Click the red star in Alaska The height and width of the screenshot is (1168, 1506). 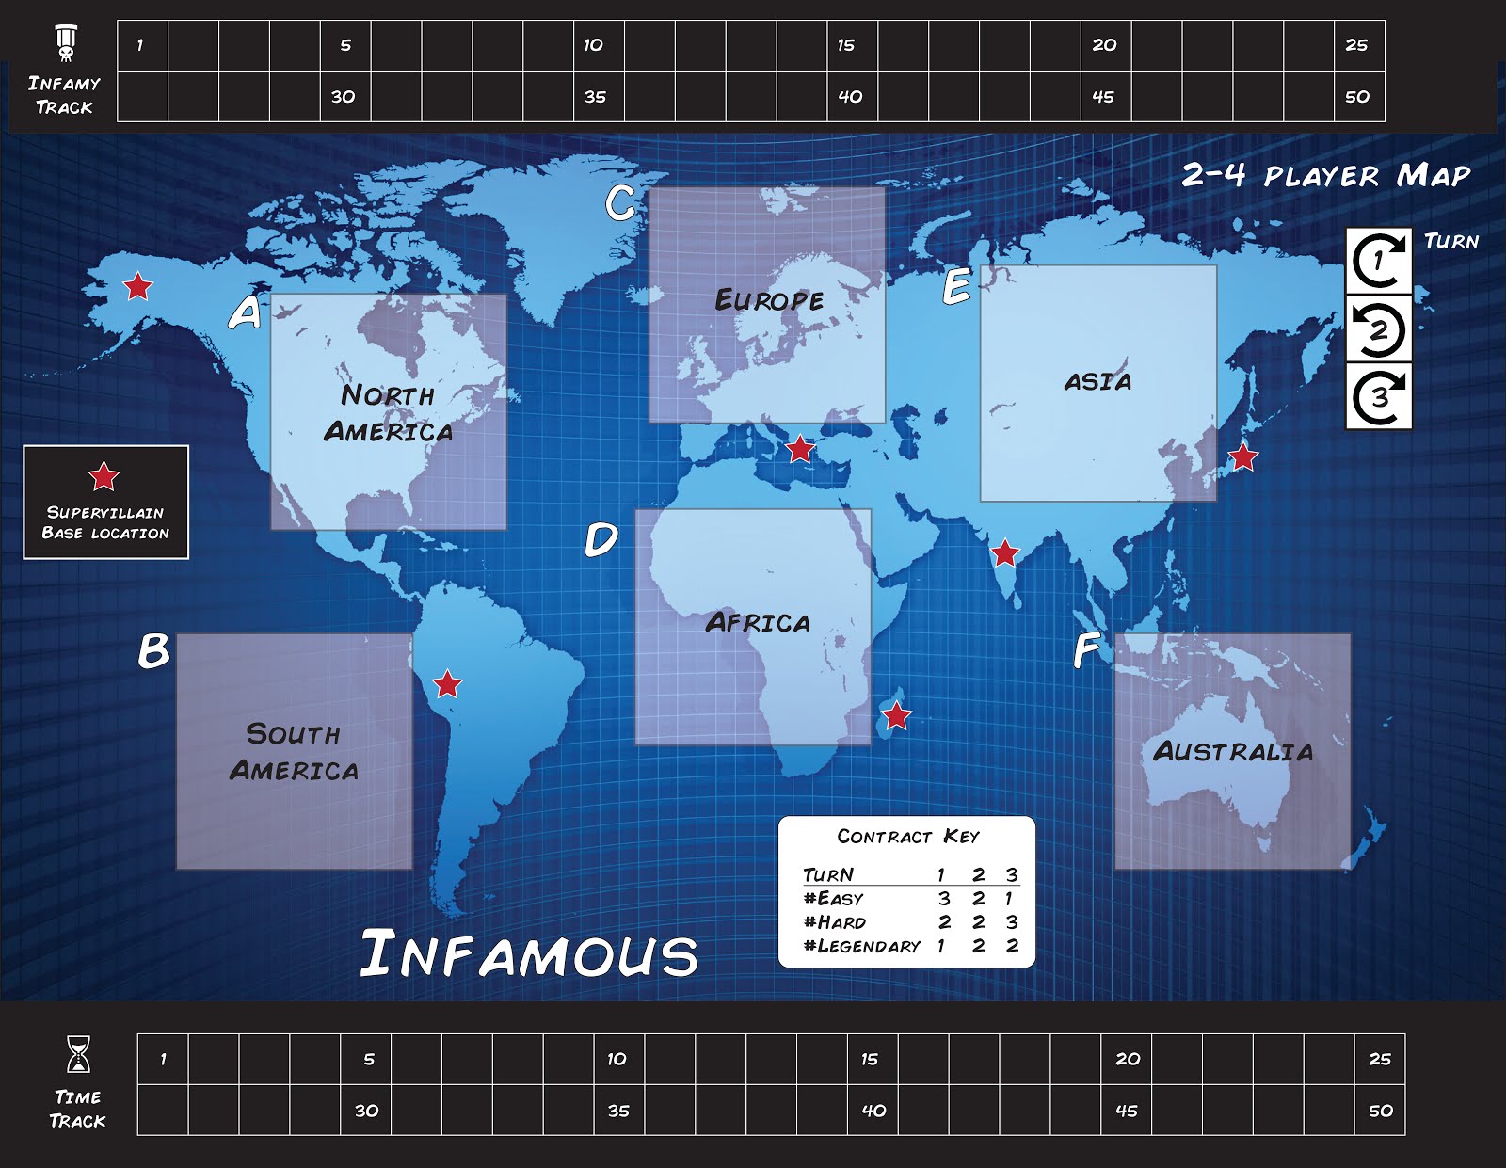point(138,285)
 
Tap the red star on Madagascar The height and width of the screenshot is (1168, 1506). point(897,716)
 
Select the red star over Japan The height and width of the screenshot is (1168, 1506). point(1243,457)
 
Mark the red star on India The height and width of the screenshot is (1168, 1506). point(1005,553)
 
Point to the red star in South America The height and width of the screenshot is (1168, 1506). point(447,684)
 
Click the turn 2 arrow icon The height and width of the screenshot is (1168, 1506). point(1379,330)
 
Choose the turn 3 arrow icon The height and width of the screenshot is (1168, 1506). point(1379,397)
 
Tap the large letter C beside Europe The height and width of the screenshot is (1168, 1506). point(620,202)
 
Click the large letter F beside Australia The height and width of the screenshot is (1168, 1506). point(1086,649)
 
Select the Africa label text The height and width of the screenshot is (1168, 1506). point(758,623)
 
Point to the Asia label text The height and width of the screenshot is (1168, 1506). point(1097,382)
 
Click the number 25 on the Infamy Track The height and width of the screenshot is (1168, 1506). point(1356,45)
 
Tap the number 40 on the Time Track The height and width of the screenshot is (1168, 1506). point(873,1111)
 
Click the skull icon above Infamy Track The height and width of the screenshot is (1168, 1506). point(65,43)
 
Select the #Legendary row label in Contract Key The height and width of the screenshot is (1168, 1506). point(861,946)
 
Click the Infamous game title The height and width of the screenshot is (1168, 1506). point(529,953)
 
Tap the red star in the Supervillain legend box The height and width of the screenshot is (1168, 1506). point(104,476)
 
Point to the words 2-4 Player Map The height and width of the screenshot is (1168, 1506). point(1325,175)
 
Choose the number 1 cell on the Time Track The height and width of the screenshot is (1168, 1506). point(163,1060)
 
